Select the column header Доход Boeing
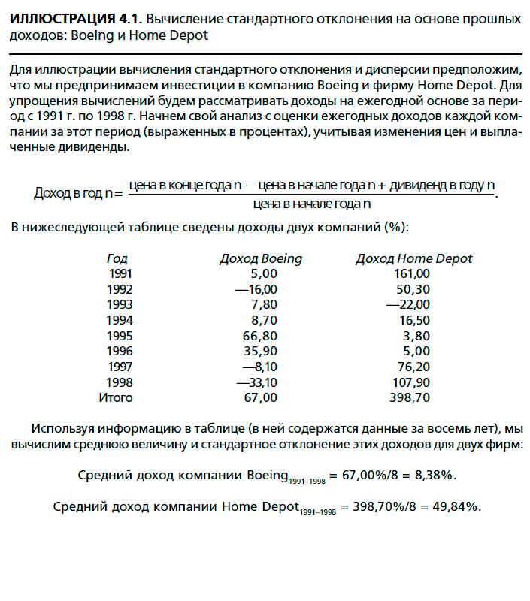click(x=260, y=258)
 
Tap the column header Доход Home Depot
click(x=413, y=258)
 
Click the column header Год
click(x=117, y=258)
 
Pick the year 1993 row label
click(x=120, y=304)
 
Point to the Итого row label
click(x=116, y=397)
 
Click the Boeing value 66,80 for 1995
click(x=260, y=336)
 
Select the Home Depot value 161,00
click(x=412, y=273)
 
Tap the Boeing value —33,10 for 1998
click(x=256, y=382)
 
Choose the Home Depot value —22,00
click(x=408, y=304)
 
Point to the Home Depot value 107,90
click(x=410, y=382)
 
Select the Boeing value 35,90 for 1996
click(x=260, y=351)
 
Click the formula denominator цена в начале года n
click(x=312, y=203)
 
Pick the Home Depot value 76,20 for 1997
click(x=412, y=367)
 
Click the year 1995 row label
click(x=120, y=336)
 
